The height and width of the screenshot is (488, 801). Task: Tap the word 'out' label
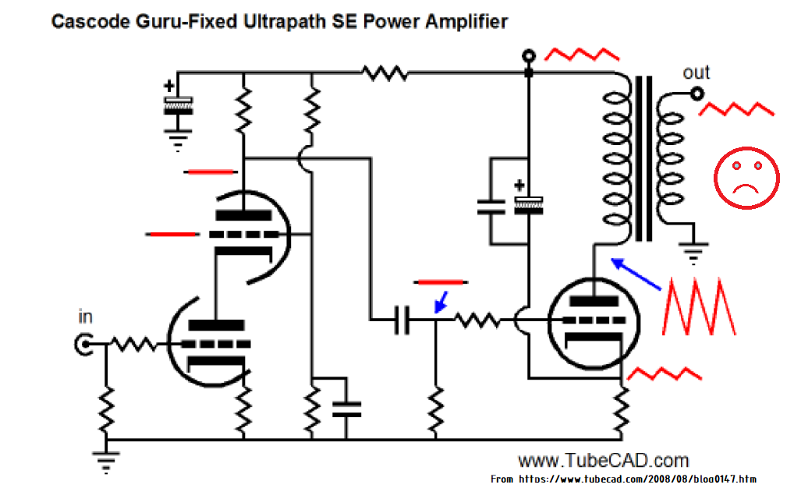point(696,72)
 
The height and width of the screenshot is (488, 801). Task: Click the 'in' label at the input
point(85,317)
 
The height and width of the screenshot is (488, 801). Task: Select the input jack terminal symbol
point(83,345)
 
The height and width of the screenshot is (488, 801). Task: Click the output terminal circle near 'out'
point(697,94)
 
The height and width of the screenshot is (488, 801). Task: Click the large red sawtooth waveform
point(699,307)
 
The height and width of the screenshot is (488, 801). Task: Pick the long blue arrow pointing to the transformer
point(636,274)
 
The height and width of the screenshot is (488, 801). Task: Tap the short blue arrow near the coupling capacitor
point(441,302)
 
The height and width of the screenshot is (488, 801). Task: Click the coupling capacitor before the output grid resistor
point(402,320)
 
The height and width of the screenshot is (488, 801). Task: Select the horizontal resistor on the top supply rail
point(385,73)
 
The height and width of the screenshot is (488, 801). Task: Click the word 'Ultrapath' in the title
point(285,22)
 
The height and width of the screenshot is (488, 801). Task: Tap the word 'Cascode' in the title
point(90,22)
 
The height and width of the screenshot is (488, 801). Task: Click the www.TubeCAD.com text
point(604,461)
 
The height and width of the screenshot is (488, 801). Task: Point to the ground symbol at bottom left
point(106,462)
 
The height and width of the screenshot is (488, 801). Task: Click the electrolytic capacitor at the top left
point(178,105)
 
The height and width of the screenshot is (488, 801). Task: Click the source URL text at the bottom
point(623,479)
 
